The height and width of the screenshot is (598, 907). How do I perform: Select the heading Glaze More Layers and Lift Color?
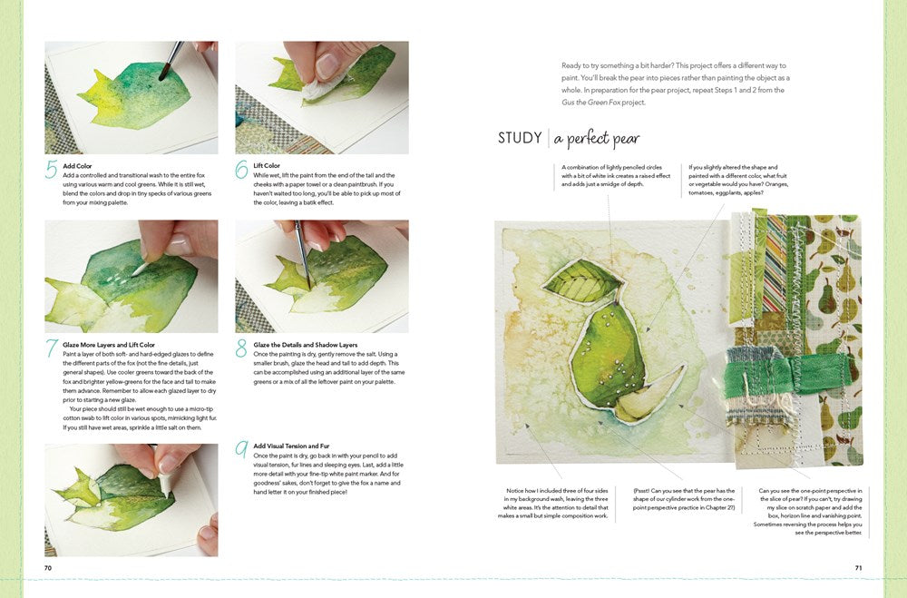click(x=109, y=345)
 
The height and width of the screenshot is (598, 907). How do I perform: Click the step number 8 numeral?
click(x=242, y=348)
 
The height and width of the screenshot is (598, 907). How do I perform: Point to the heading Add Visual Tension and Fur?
click(x=292, y=446)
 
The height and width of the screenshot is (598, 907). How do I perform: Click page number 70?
click(x=48, y=568)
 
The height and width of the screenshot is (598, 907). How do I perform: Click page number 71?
click(x=858, y=568)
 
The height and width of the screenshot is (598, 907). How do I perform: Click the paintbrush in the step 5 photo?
click(x=171, y=59)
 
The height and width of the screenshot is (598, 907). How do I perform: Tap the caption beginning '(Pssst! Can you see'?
click(x=685, y=503)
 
